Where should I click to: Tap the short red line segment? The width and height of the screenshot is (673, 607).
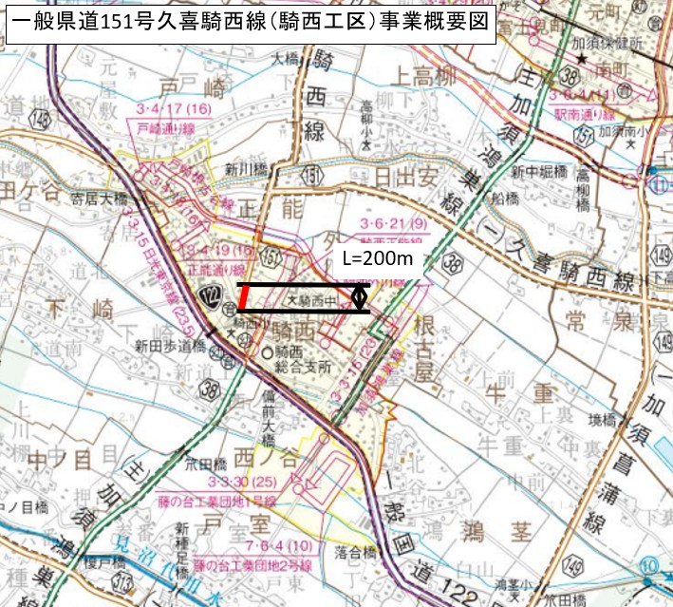point(245,298)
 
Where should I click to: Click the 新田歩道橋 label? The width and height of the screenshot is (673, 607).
point(158,345)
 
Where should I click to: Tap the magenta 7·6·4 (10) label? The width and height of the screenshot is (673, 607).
point(277,544)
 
